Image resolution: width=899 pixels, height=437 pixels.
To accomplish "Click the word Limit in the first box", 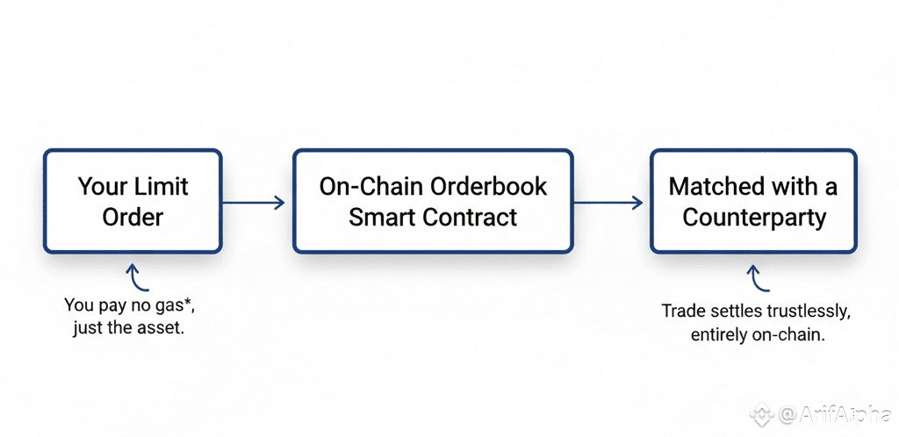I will coord(162,187).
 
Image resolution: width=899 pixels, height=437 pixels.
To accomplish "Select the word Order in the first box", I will coord(133,217).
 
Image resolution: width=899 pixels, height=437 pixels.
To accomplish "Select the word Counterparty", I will coord(754,217).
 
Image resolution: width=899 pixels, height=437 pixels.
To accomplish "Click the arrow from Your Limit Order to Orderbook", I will coord(254,203).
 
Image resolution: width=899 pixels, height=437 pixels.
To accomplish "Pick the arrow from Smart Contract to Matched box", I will coord(608,203).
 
